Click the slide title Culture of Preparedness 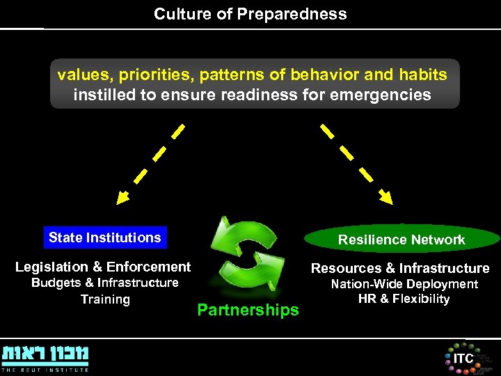tap(250, 14)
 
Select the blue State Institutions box tap(104, 237)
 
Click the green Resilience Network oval tap(401, 240)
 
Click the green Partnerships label tap(248, 310)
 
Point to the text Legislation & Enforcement tap(103, 267)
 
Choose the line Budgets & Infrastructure tap(105, 283)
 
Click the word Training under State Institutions tap(105, 299)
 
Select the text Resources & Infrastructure tap(400, 268)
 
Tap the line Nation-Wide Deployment tap(404, 284)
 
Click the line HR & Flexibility tap(404, 299)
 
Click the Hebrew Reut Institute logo tap(46, 354)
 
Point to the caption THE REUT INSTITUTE tap(46, 370)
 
